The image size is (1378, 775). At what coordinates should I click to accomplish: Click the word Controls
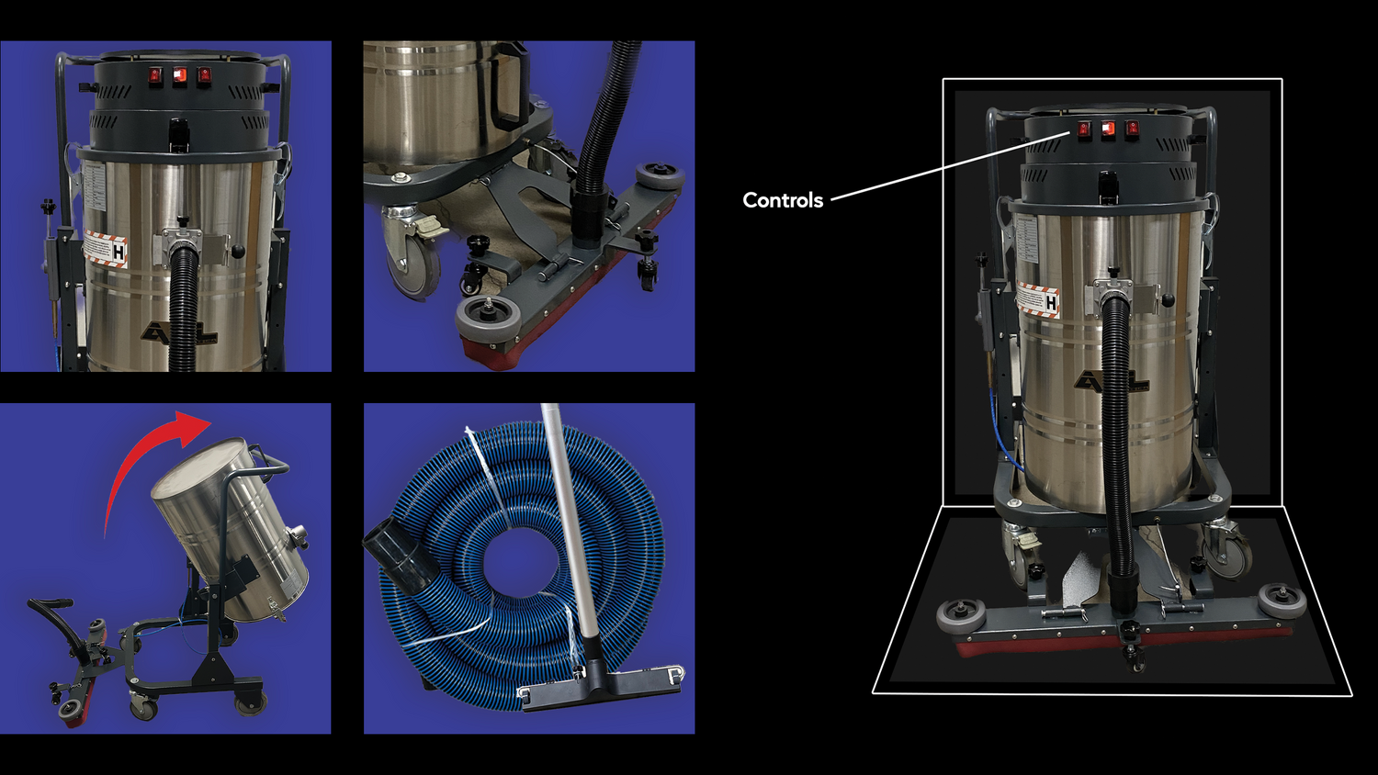click(782, 200)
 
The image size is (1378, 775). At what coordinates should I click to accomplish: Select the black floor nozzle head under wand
click(602, 689)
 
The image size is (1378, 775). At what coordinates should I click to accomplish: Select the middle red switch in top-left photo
click(180, 75)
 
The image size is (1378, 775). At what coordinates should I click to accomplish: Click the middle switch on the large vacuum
click(1109, 129)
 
